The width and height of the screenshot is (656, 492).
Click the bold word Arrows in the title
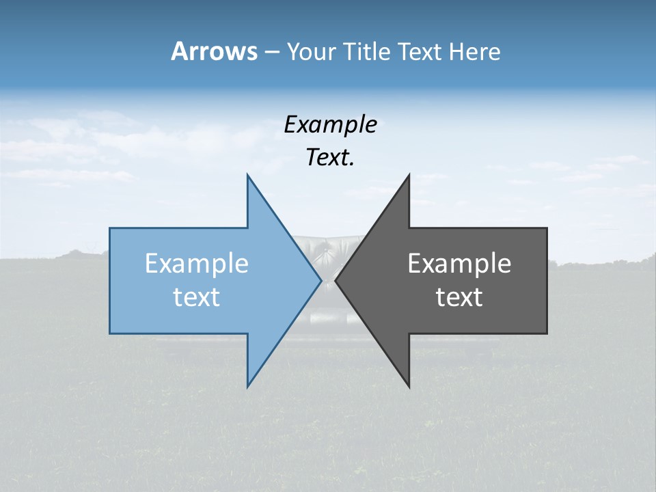(214, 51)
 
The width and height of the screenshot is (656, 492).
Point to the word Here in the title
(475, 52)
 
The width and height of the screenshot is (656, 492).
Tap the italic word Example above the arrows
(330, 125)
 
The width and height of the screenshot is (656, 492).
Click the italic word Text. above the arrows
(330, 158)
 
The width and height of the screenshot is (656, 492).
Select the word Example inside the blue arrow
(197, 264)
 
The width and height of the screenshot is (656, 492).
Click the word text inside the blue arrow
(197, 297)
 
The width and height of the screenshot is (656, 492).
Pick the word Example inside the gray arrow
(459, 264)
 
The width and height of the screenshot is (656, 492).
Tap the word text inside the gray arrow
(459, 297)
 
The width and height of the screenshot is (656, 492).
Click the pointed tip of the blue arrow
(320, 280)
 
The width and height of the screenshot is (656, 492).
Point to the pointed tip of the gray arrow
(336, 280)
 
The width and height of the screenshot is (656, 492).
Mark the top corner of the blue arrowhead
(247, 176)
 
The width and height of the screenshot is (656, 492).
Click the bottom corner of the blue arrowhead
(247, 386)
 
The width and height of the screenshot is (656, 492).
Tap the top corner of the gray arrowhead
(409, 176)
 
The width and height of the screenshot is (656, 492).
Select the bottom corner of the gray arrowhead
(409, 386)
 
